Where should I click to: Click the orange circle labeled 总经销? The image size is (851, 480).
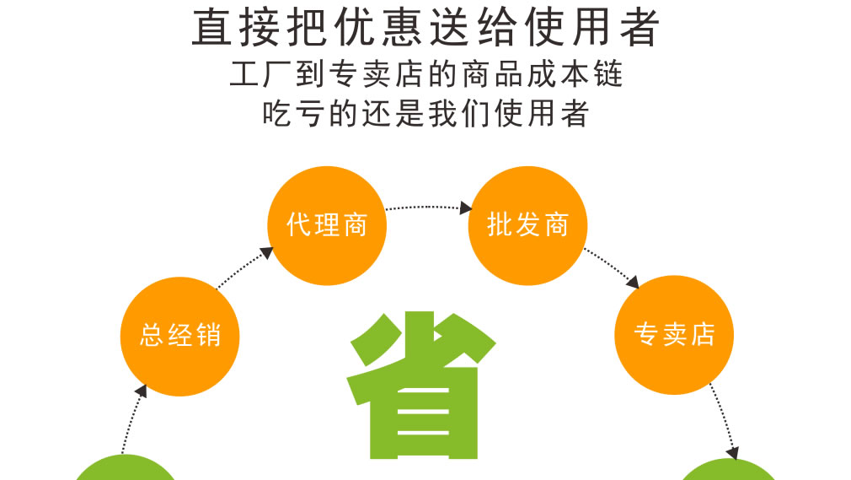tap(179, 336)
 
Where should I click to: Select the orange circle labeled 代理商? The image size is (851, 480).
tap(327, 225)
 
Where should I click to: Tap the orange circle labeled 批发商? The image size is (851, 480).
tap(527, 225)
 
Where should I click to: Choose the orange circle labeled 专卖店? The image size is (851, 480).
tap(674, 335)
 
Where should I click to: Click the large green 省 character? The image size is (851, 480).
tap(421, 385)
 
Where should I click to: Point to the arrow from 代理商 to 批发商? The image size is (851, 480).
tap(429, 208)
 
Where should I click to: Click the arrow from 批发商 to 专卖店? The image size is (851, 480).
tap(612, 267)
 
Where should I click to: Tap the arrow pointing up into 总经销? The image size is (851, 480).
tap(133, 418)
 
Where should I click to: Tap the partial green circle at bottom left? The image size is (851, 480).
tap(126, 468)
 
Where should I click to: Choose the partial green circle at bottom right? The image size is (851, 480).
tap(729, 471)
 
